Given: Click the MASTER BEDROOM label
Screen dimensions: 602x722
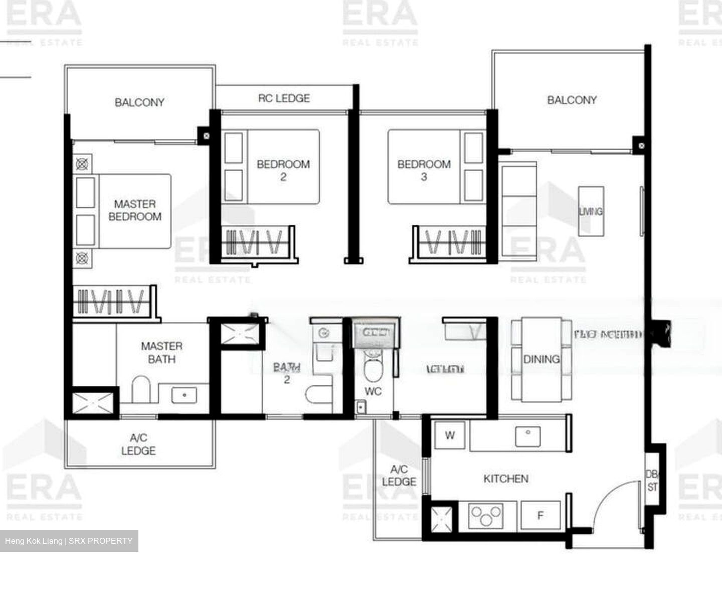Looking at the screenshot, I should coord(135,210).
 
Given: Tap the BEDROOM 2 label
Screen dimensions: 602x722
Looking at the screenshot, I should coord(283,170).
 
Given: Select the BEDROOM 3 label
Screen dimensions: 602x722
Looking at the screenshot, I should coord(424,170).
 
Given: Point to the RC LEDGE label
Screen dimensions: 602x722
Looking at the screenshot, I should coord(284,98).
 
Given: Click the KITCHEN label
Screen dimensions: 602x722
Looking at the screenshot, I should coord(506,479).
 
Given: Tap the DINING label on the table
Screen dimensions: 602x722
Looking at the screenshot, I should coord(541,359).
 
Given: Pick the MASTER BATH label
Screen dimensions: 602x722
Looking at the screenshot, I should coord(161,352).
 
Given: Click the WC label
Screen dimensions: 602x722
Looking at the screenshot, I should coord(373,391).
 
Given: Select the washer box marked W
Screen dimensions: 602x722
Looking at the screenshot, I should coord(450,435).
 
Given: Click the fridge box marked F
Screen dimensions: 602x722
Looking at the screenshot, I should coord(540,515).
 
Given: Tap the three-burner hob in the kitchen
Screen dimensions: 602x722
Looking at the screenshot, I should coord(485,515).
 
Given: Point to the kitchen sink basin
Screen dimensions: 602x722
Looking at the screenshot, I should coord(527,436).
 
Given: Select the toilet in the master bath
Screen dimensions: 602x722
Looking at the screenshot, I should coord(141,390).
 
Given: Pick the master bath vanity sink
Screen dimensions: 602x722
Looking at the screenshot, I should coord(185,395).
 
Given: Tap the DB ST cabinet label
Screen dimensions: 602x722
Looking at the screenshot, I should coord(652,481).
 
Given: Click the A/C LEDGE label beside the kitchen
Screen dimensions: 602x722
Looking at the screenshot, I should coord(399,476).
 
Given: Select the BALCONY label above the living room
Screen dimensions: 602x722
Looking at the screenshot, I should coord(572,100).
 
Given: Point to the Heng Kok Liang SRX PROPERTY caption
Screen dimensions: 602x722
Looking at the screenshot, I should coord(69,541).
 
